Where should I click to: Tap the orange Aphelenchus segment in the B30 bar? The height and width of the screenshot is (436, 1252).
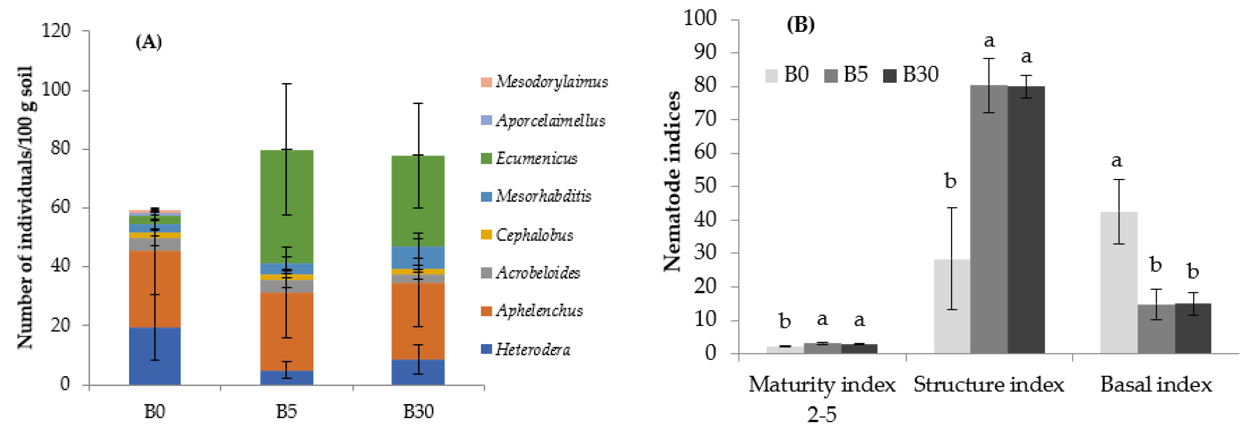pos(418,320)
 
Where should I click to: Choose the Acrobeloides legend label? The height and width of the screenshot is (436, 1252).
pos(538,273)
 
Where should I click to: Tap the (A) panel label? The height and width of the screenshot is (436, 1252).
pos(148,42)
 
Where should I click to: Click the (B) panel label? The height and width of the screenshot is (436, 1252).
pos(800,24)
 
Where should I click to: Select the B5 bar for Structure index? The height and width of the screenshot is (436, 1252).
pos(989,218)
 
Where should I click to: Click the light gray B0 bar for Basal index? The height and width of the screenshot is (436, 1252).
pos(1119,282)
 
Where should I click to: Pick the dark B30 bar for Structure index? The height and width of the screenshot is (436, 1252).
pos(1026,218)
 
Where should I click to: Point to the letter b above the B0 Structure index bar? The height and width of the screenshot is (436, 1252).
pos(950,181)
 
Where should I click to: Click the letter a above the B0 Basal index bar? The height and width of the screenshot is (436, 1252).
pos(1117,160)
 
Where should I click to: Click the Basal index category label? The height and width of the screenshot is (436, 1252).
pos(1156,385)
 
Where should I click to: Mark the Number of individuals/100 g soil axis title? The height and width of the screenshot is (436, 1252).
pos(25,207)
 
